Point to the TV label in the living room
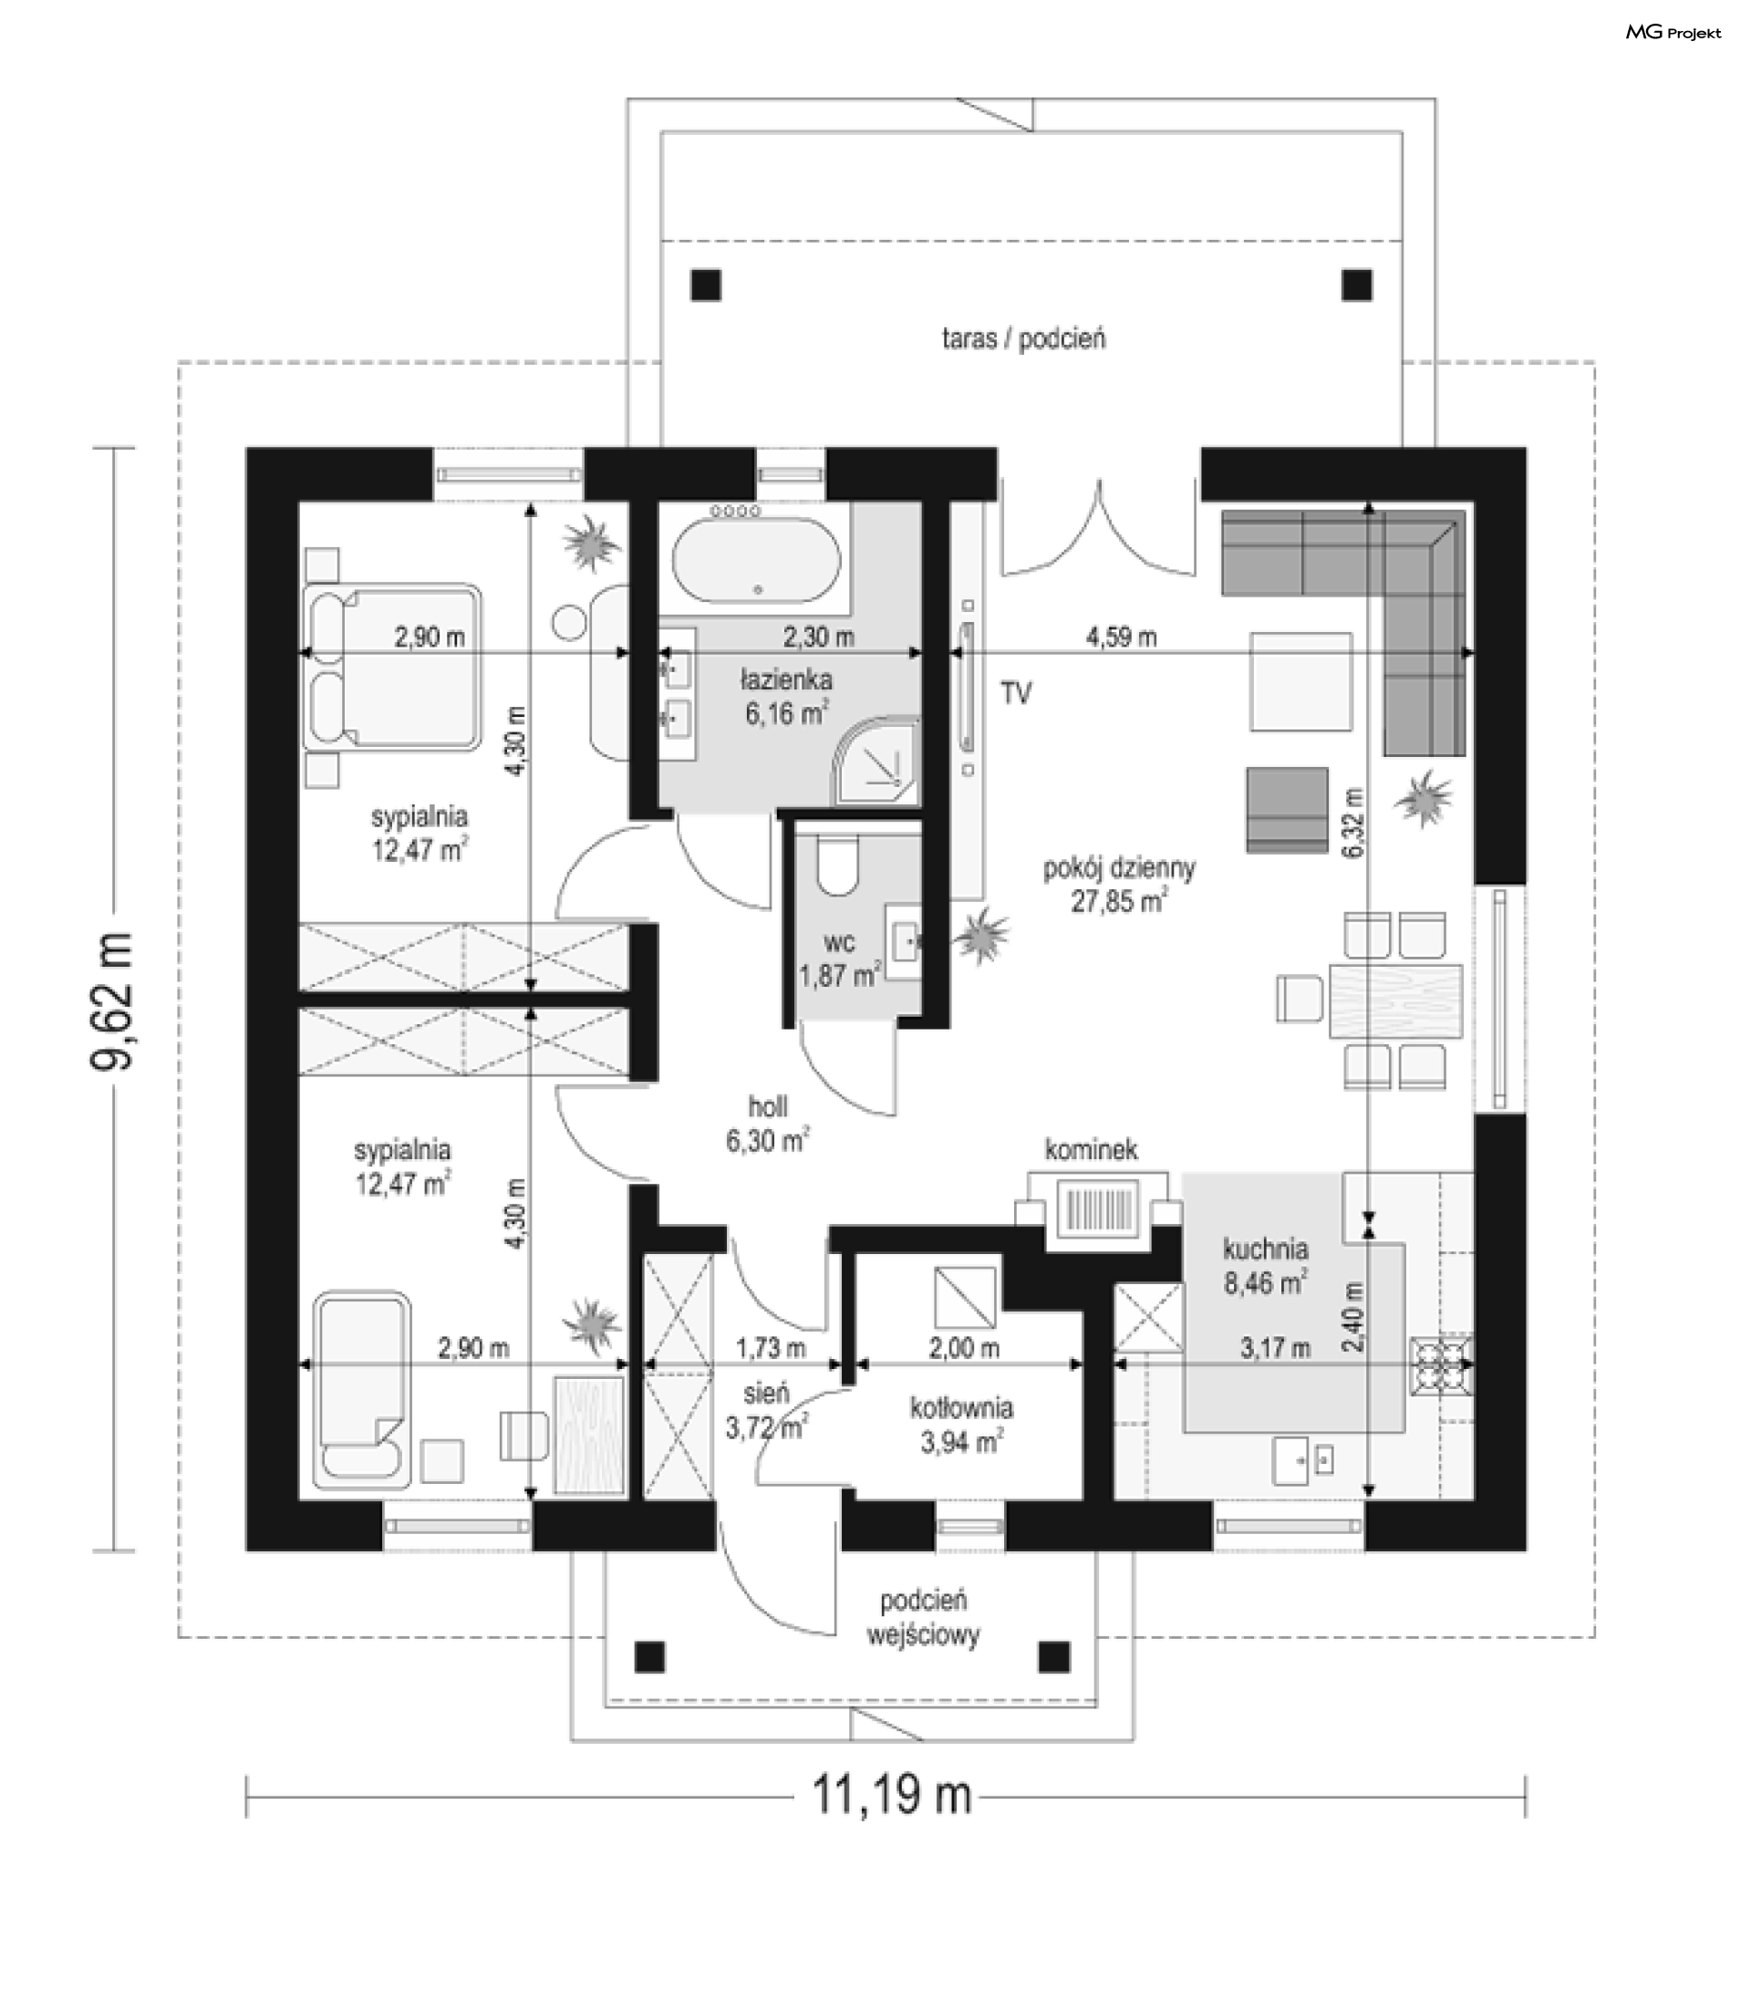1016,693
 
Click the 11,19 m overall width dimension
892,1795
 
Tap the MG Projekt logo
1673,32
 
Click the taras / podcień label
1023,339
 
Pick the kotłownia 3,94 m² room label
961,1424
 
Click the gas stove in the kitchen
1441,1363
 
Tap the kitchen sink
1304,1460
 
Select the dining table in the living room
1395,1000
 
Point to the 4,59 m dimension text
1121,637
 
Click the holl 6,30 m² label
767,1124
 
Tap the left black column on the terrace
706,285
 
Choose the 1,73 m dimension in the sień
770,1348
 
